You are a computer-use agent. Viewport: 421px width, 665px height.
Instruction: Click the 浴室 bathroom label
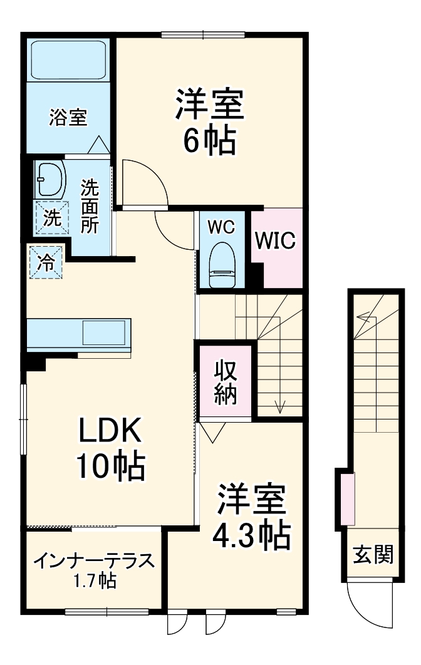68,117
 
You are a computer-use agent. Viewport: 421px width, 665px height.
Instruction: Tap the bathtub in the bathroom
68,61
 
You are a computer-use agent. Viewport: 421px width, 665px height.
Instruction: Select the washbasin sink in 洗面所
51,179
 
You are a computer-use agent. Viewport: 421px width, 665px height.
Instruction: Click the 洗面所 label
90,206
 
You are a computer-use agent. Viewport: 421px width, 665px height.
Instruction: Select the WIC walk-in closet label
275,241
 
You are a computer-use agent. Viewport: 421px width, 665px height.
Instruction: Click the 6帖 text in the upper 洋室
209,142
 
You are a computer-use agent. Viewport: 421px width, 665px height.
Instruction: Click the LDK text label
111,431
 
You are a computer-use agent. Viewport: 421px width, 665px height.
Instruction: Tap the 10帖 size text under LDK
111,465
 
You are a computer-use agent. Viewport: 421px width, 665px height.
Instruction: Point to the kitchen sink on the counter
105,332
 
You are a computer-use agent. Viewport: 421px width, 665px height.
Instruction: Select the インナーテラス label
94,560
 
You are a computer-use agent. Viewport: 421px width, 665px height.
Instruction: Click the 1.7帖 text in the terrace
94,580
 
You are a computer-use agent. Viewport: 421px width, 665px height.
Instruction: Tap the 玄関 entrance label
373,554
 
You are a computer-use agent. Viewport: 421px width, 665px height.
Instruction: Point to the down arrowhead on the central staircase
279,407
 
